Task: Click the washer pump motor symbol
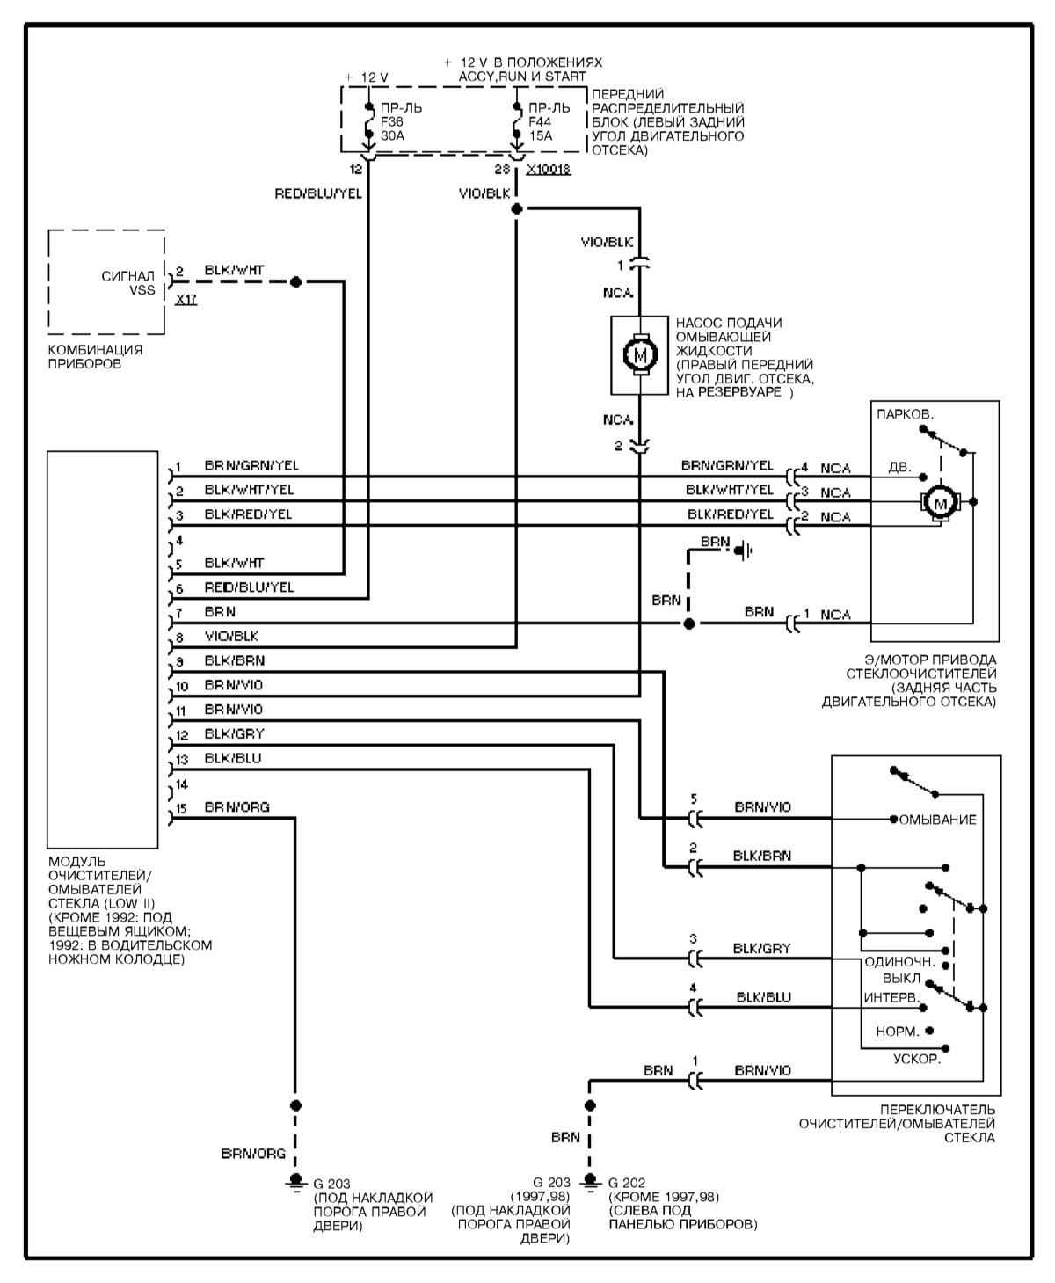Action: [x=639, y=354]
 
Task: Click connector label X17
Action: [x=186, y=300]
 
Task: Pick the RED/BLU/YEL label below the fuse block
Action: [x=318, y=193]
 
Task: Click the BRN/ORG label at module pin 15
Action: [x=236, y=806]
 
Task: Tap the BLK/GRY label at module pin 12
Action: [x=234, y=733]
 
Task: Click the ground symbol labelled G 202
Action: [x=590, y=1183]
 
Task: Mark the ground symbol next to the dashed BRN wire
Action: [x=745, y=551]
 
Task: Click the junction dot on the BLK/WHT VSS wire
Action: [x=295, y=281]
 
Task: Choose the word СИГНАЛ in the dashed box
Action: [x=128, y=275]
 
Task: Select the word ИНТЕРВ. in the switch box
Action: [x=891, y=999]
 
